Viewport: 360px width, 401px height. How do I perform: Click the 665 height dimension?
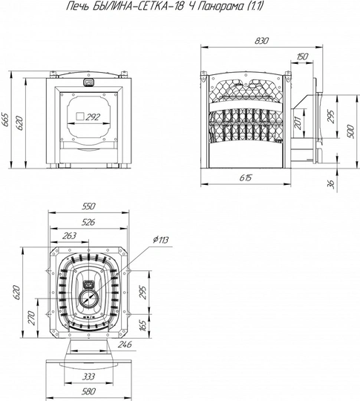tap(5, 120)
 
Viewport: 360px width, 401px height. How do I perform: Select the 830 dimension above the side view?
tap(262, 41)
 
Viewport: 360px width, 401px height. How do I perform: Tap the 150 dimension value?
tap(302, 56)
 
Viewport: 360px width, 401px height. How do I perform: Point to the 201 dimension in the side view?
tap(298, 123)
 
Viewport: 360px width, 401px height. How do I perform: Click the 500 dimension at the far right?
tap(352, 131)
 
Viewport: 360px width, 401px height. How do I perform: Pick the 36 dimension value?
tap(331, 184)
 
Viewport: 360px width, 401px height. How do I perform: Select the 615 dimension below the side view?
tap(246, 177)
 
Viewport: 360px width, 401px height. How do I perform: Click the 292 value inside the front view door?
tap(93, 117)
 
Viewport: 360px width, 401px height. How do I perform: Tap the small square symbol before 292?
tap(80, 117)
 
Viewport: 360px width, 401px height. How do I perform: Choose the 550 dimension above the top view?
tap(88, 206)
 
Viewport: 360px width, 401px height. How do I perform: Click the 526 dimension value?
tap(88, 222)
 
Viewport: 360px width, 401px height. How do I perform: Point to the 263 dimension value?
tap(69, 235)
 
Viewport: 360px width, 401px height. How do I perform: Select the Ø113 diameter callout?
tap(161, 240)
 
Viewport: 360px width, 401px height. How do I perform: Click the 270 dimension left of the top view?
tap(32, 318)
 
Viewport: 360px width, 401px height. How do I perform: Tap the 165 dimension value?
tap(143, 325)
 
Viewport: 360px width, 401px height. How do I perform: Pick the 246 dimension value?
tap(125, 345)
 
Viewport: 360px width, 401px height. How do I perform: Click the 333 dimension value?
tap(88, 376)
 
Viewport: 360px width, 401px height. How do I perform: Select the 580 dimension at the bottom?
tap(88, 391)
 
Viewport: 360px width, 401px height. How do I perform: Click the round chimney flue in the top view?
tap(89, 299)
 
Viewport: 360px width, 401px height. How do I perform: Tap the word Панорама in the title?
tap(218, 6)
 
